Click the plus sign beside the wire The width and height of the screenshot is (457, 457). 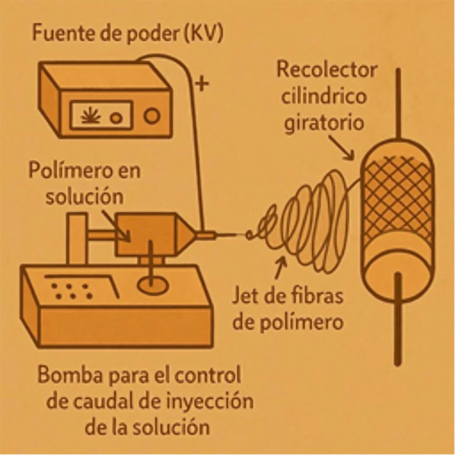202,84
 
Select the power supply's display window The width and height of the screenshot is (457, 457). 101,115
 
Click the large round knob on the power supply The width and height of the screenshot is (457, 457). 152,115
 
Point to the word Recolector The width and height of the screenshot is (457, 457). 326,70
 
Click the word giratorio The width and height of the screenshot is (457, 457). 324,122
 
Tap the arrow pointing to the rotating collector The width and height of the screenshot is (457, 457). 343,150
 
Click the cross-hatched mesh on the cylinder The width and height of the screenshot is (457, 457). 399,197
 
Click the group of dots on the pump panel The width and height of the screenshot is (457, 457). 71,291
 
